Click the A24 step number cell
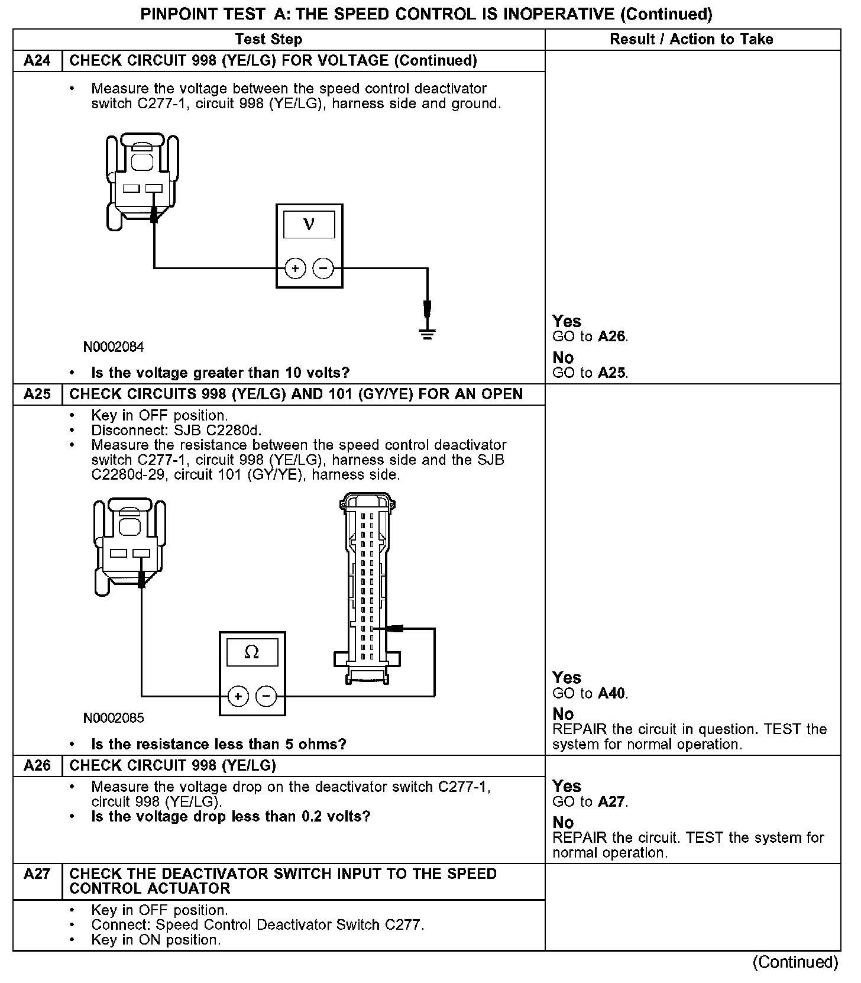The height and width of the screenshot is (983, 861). pos(37,61)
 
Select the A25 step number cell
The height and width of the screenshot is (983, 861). pos(37,395)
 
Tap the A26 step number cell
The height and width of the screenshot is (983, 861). pos(37,766)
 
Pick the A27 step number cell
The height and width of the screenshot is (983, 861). pos(37,874)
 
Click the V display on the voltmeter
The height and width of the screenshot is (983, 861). pos(309,225)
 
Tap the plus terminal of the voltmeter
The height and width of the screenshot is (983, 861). pos(295,269)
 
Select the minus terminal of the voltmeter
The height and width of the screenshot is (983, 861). pos(323,269)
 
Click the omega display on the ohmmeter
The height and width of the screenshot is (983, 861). pos(252,652)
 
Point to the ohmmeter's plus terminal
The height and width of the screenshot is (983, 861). pos(238,696)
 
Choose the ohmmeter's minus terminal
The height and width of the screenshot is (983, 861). pos(266,696)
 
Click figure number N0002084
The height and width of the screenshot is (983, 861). pos(114,347)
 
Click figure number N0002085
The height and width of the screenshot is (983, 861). pos(114,718)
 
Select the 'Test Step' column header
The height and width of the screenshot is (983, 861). pos(268,40)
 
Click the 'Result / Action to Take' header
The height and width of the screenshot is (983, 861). pos(691,40)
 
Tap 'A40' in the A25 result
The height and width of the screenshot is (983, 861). pos(611,693)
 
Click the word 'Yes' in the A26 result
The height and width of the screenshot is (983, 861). pos(567,786)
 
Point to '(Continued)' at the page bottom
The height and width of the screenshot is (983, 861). pos(795,963)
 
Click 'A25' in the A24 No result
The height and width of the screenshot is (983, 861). pos(611,373)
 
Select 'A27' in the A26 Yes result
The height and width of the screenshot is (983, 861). pos(611,802)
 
